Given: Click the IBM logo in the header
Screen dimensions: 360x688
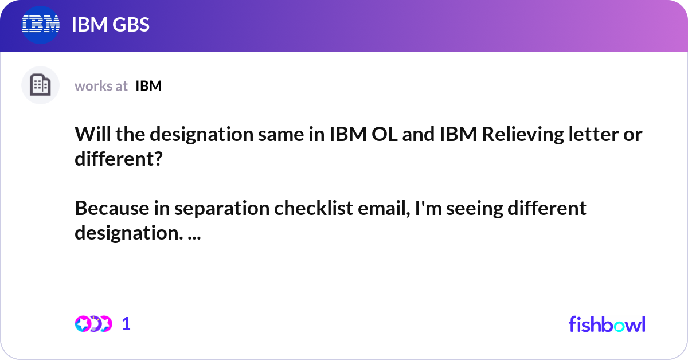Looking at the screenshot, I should (41, 25).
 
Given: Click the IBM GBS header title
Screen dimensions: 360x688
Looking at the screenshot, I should (111, 25).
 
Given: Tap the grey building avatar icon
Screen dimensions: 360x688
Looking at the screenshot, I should (40, 85).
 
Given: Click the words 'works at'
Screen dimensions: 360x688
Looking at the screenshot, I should (101, 86).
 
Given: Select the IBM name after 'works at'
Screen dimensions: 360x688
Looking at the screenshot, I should (148, 86).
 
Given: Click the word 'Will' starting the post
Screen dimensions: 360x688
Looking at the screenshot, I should (90, 136).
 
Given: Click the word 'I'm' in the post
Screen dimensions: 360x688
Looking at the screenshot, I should (421, 208).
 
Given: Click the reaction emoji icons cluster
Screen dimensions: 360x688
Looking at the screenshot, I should (93, 324).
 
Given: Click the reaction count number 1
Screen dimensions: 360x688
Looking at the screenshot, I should (126, 324).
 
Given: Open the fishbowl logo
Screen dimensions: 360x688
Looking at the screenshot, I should (607, 324).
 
